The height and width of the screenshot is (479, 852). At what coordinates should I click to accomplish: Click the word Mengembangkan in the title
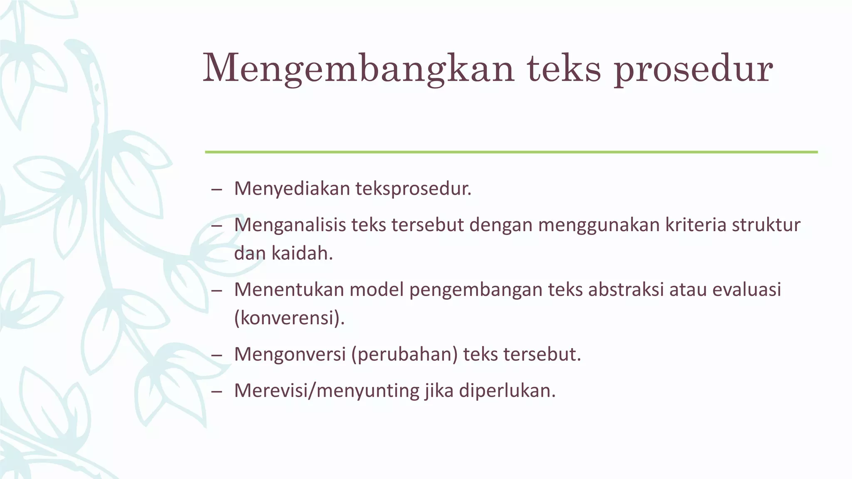click(x=358, y=69)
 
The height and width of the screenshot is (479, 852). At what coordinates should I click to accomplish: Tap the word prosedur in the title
click(x=693, y=69)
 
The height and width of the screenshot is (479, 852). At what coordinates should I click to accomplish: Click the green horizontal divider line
click(x=511, y=152)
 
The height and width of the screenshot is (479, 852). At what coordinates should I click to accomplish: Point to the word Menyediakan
click(x=292, y=189)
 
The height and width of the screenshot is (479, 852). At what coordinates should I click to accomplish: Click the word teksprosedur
click(x=414, y=189)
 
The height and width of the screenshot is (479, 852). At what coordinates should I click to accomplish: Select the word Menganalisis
click(x=290, y=225)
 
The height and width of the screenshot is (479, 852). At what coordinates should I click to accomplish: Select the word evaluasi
click(x=747, y=290)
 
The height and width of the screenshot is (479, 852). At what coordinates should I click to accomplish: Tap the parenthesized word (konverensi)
click(x=290, y=318)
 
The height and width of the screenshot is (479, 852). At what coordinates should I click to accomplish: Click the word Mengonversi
click(x=290, y=354)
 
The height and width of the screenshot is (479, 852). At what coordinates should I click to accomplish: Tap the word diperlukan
click(x=507, y=391)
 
